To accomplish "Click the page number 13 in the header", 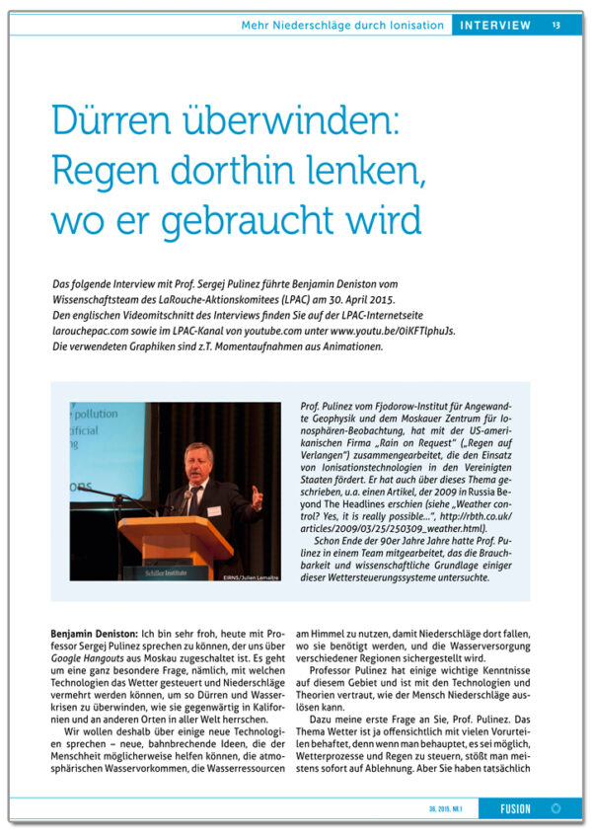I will click(555, 25).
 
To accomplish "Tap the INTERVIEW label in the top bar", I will click(496, 25).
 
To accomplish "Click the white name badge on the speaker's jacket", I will click(214, 510).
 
